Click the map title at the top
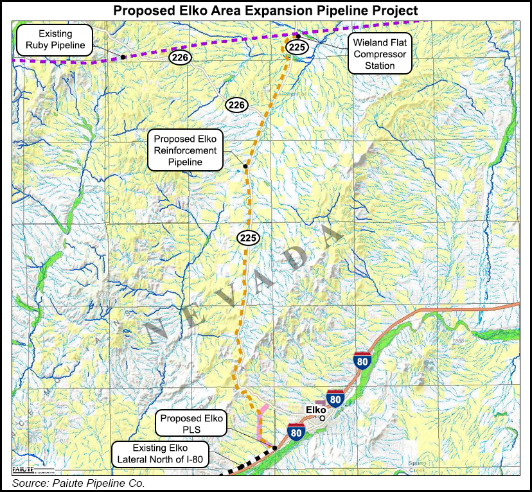pos(265,10)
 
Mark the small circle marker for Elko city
pos(323,418)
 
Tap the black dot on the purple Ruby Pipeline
pos(122,57)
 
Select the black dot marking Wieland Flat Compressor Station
pos(298,37)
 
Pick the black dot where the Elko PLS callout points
pos(275,448)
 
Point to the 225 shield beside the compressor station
pos(296,48)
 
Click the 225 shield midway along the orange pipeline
pos(249,238)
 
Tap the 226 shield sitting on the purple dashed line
pos(179,57)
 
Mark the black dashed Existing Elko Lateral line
pos(244,468)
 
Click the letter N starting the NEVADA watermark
pos(155,333)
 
